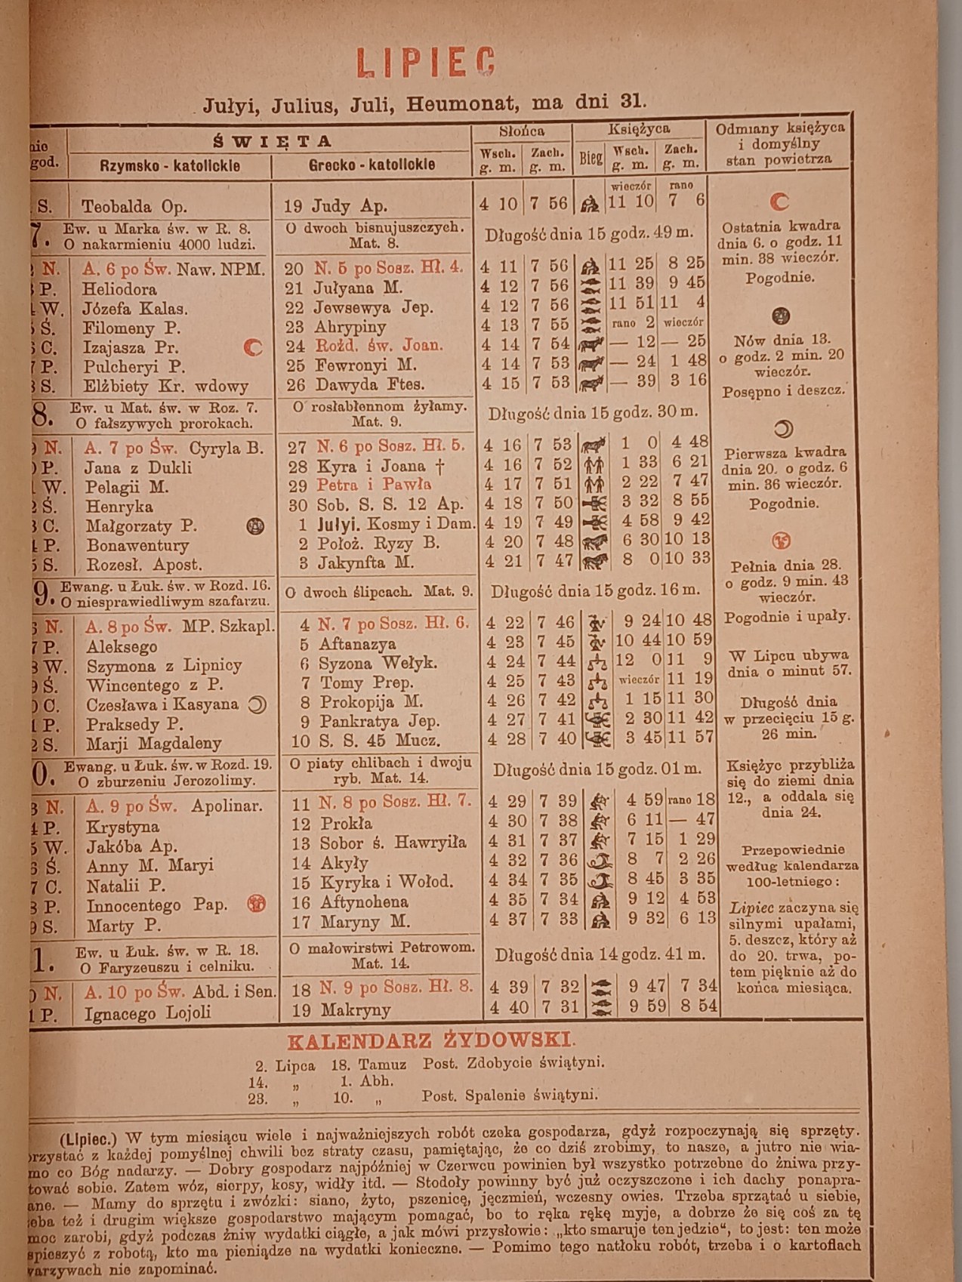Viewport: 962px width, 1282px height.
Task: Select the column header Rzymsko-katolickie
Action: [x=170, y=166]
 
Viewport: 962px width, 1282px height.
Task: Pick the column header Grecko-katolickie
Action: [x=372, y=165]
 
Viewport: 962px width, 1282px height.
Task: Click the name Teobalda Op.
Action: [x=134, y=206]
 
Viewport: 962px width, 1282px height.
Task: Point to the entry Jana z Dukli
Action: [x=137, y=467]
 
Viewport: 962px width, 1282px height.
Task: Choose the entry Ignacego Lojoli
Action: [x=147, y=1012]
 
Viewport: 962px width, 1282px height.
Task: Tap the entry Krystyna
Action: [x=122, y=827]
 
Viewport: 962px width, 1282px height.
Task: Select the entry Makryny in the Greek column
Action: [x=355, y=1009]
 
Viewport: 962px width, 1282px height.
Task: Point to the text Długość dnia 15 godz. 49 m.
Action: [x=588, y=234]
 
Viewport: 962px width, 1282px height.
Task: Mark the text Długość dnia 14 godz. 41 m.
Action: [x=600, y=954]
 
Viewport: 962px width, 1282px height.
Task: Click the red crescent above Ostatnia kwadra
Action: [x=779, y=202]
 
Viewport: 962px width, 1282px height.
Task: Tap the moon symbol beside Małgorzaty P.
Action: [x=255, y=526]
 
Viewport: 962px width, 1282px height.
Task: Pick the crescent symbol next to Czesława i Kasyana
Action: [x=257, y=704]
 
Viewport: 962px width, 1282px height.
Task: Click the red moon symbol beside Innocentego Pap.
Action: [x=257, y=904]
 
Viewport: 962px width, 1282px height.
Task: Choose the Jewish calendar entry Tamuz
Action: [x=382, y=1064]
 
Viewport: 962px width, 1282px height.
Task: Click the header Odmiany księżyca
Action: [x=780, y=128]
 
